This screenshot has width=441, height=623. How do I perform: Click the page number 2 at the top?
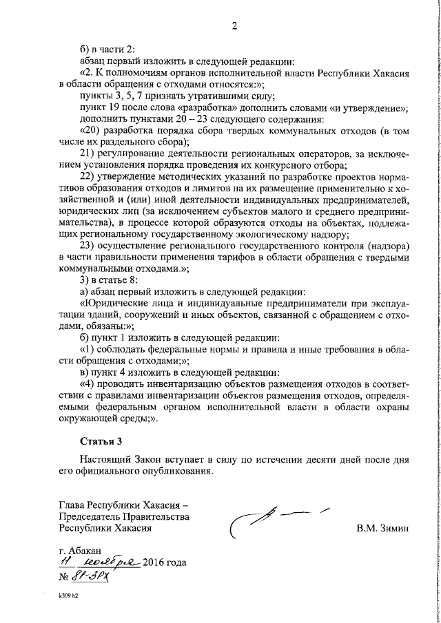(x=234, y=27)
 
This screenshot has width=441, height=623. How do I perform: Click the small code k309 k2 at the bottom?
(x=70, y=597)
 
